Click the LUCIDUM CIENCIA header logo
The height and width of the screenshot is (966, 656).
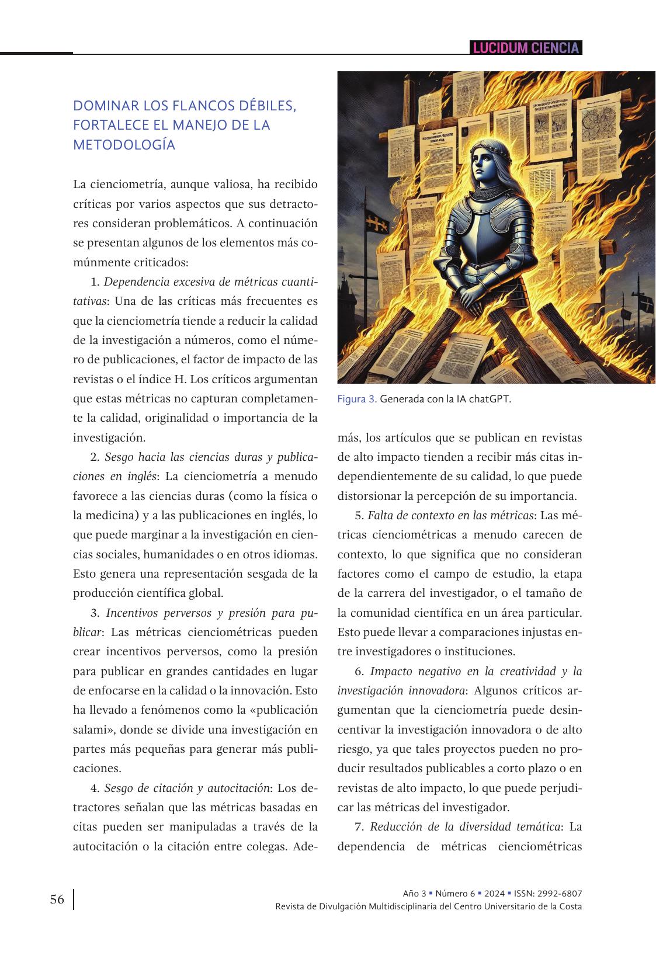coord(526,48)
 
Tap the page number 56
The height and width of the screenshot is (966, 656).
coord(57,899)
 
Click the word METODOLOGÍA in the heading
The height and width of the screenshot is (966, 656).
coord(124,145)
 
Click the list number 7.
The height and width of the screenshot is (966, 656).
coord(359,827)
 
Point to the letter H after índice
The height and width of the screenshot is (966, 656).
coord(179,380)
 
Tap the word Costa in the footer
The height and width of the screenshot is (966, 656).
coord(570,906)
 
